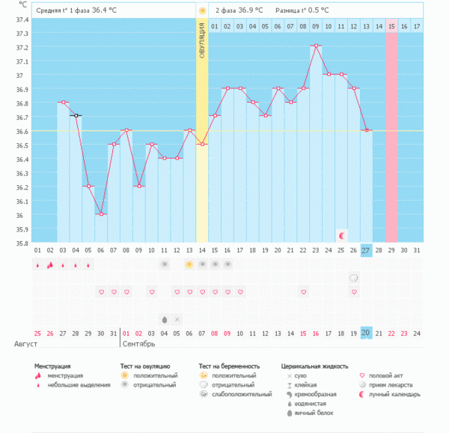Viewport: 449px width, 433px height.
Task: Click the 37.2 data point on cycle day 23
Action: coord(317,46)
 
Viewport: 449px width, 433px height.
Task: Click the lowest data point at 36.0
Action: coord(100,214)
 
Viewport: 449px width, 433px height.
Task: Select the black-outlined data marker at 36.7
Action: coord(76,115)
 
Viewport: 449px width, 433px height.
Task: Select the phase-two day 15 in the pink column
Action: coord(391,26)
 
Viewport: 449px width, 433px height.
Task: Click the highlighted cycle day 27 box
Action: coord(366,250)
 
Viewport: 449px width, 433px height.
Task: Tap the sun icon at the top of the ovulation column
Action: coord(202,10)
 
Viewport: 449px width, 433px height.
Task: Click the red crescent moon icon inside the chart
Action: coord(341,235)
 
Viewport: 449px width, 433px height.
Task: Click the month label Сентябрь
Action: coord(139,345)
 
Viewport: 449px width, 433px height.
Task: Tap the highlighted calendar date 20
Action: coord(366,333)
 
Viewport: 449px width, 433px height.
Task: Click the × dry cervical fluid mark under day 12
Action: coord(177,318)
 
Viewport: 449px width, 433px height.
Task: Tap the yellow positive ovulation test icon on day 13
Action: coord(189,264)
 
